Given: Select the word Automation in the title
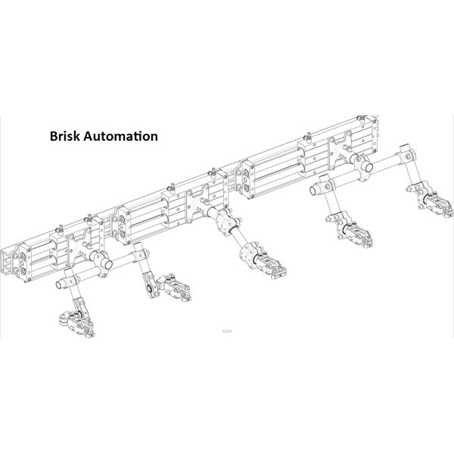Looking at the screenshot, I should coord(120,137).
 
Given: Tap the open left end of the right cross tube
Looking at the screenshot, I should coord(323,182).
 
